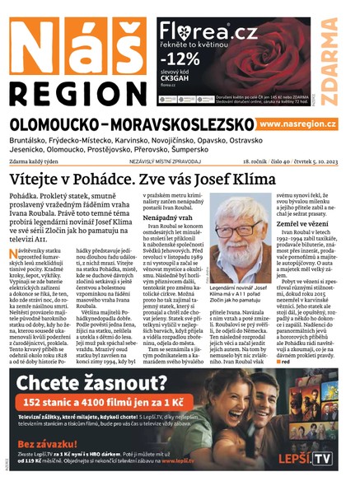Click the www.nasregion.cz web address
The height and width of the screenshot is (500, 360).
pos(297,124)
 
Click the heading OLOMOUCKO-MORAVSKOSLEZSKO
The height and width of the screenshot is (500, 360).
pos(129,124)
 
